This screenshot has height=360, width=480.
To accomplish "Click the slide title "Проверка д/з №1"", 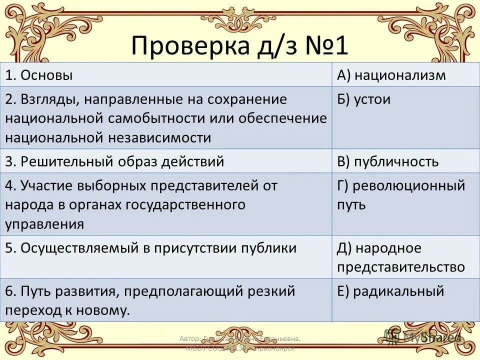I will [x=239, y=46].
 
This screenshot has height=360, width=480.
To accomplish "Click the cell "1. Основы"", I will [x=39, y=75].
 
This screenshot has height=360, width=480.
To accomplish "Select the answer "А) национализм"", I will [x=391, y=75].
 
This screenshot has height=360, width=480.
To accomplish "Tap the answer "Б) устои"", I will [x=364, y=99].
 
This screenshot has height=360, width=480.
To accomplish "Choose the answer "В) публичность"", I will [x=388, y=161].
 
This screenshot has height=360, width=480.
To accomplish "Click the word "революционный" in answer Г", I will [x=409, y=186].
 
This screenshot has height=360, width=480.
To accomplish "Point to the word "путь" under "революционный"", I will [x=351, y=204].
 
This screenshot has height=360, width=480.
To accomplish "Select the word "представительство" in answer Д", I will [x=401, y=267].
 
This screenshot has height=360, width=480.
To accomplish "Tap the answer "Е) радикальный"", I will [x=390, y=291].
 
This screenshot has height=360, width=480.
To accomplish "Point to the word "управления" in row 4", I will [x=44, y=223].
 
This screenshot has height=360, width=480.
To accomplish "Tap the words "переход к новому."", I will [x=67, y=310].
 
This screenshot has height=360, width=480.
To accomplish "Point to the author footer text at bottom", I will [x=240, y=343].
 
